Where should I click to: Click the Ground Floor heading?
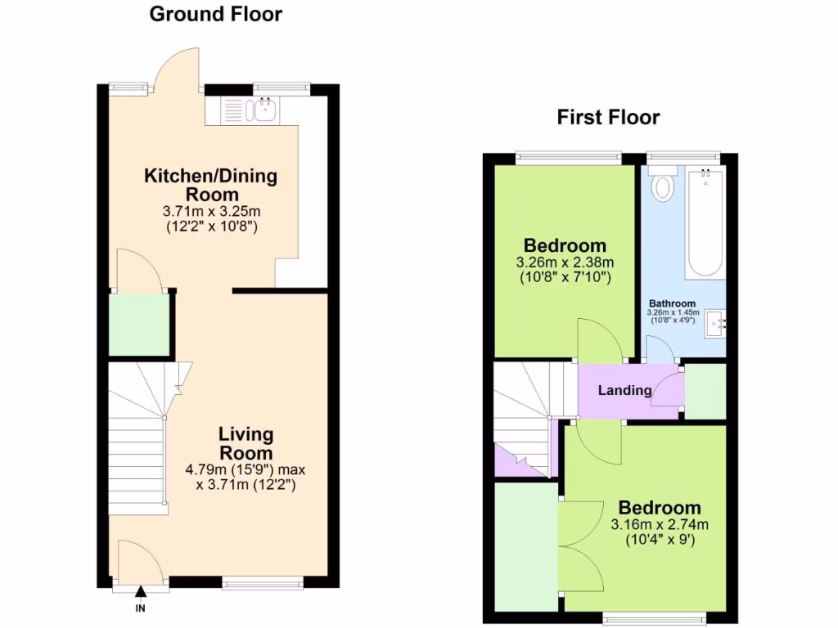click(x=215, y=14)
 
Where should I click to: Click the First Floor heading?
click(x=608, y=117)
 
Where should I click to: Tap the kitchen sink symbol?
click(x=264, y=110)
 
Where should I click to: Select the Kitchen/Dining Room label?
click(x=211, y=185)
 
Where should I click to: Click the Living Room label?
click(x=246, y=443)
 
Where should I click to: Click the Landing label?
click(x=624, y=391)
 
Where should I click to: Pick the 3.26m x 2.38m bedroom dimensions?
click(x=565, y=262)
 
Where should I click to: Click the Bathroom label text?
click(x=672, y=303)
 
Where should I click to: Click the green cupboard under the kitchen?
click(x=139, y=325)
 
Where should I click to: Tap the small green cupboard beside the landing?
click(x=704, y=391)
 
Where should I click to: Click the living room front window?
click(x=262, y=583)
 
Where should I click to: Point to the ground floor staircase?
click(x=139, y=442)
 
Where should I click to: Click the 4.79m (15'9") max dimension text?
click(x=246, y=470)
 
